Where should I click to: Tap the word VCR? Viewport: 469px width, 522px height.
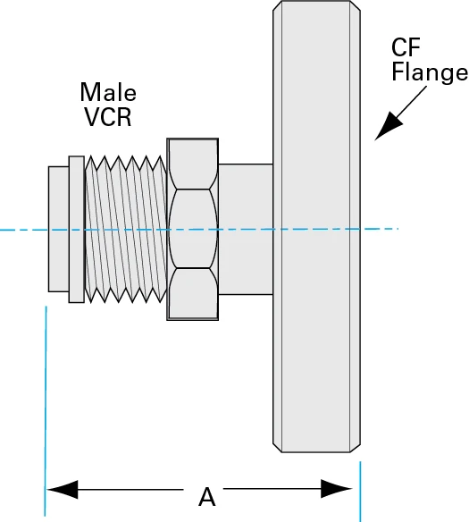click(x=107, y=116)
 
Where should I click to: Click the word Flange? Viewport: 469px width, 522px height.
click(x=430, y=73)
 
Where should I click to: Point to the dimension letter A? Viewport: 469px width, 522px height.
click(x=206, y=496)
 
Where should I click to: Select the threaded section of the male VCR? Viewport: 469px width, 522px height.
click(x=125, y=230)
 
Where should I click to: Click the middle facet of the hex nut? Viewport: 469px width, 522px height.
click(x=192, y=229)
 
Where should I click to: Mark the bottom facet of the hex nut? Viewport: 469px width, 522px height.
click(x=192, y=294)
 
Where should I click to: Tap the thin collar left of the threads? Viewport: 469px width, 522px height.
click(x=76, y=229)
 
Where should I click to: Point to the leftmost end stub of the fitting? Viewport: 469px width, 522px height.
click(x=57, y=229)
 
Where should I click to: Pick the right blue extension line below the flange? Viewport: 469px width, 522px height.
click(x=360, y=492)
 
